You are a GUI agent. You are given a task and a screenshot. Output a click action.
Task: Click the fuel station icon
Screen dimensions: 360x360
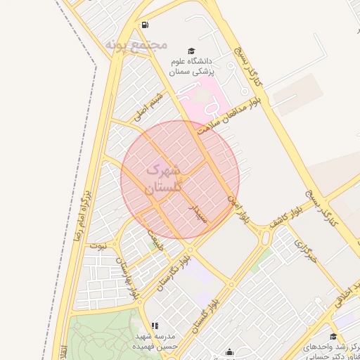(x=145, y=25)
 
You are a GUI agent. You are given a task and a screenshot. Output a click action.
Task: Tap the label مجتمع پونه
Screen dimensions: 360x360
(x=137, y=44)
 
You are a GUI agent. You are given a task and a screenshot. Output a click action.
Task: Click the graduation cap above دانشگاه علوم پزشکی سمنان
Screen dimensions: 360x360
(x=191, y=49)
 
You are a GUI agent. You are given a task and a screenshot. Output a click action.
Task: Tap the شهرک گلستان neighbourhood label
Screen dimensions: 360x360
(x=164, y=179)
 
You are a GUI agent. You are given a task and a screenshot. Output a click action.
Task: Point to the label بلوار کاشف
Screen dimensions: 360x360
(x=288, y=212)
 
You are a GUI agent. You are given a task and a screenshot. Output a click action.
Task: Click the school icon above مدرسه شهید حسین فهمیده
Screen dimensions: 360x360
(x=155, y=326)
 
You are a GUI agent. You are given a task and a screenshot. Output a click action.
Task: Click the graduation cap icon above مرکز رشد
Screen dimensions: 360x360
(x=333, y=336)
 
